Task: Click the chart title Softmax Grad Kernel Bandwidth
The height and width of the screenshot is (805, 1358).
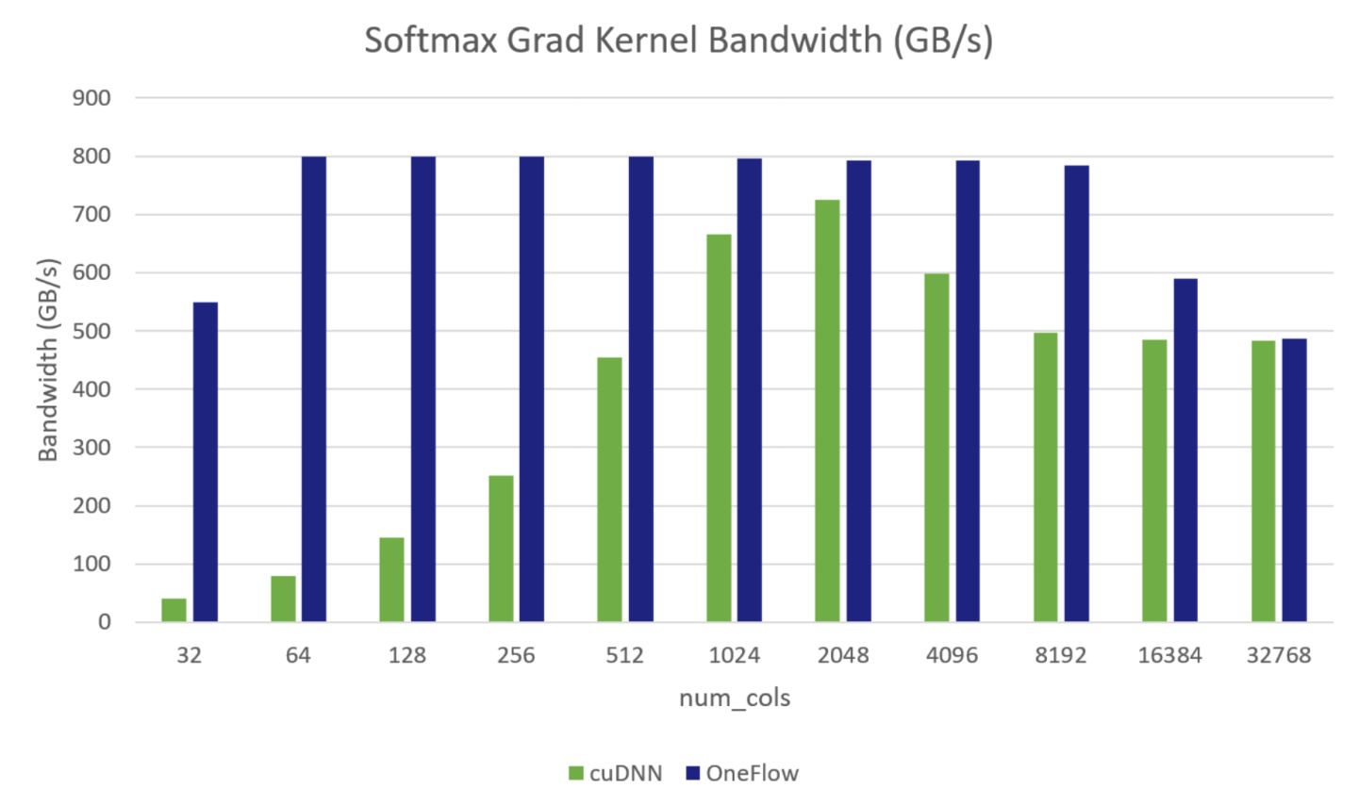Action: (678, 41)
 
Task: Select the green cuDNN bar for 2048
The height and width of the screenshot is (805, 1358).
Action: (827, 411)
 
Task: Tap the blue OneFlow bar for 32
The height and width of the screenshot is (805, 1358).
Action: (206, 462)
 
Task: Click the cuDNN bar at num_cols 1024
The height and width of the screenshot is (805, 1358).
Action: (719, 428)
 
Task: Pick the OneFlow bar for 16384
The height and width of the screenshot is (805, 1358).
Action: (1185, 451)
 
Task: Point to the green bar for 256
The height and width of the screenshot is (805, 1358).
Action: (501, 549)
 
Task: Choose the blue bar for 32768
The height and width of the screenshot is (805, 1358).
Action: (1294, 480)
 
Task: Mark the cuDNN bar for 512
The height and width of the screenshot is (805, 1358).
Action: (609, 489)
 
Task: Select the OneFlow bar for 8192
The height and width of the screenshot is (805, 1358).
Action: (1076, 394)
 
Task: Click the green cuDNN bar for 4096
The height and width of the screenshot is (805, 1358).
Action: (936, 448)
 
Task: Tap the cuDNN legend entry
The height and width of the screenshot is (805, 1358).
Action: (615, 774)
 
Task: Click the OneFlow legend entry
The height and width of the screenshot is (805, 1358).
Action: (741, 774)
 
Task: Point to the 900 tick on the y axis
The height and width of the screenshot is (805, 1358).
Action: (91, 98)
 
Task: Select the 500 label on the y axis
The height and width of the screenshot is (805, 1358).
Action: (91, 331)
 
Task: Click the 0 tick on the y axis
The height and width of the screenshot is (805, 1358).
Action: (104, 622)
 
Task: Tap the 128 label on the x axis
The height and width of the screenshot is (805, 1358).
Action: (406, 655)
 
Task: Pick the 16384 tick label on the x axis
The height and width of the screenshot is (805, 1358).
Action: (1169, 655)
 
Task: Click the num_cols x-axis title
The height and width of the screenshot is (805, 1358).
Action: (735, 698)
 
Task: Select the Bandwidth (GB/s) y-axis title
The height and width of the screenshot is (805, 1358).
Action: (48, 359)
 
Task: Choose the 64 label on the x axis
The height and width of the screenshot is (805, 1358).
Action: (298, 655)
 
